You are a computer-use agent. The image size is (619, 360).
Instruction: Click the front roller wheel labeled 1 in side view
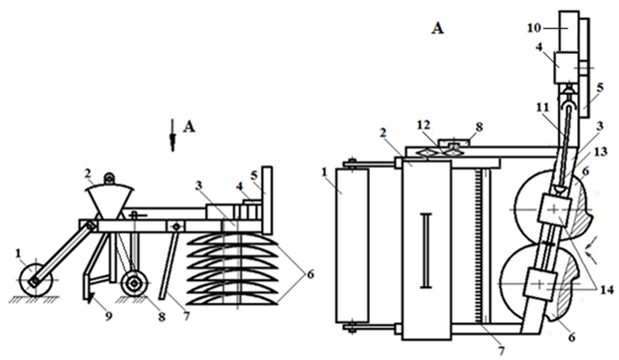(x=36, y=279)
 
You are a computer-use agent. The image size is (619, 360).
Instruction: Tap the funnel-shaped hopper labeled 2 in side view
(x=110, y=202)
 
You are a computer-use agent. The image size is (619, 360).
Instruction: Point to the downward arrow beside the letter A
(x=172, y=135)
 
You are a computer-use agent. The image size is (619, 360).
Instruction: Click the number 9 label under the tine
(x=109, y=316)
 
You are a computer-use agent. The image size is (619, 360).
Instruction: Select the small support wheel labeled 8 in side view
(x=135, y=283)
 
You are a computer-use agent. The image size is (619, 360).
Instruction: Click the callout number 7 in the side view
(x=186, y=316)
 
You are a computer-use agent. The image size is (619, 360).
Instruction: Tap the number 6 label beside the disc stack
(x=310, y=273)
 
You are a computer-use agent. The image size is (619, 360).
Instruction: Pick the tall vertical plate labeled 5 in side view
(x=267, y=199)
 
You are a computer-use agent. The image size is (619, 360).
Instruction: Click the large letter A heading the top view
(x=438, y=28)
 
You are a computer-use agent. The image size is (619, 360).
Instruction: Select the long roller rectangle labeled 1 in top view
(x=351, y=245)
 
